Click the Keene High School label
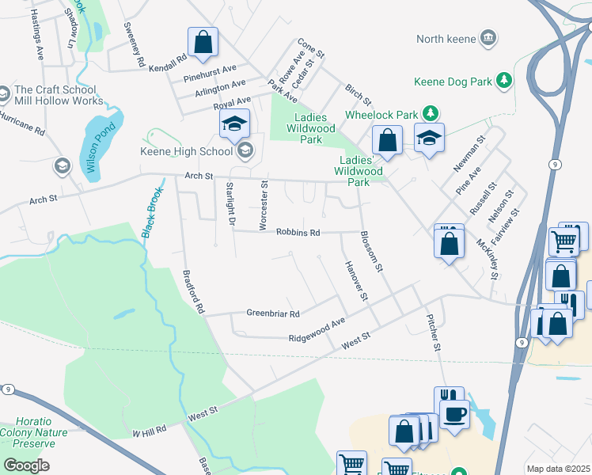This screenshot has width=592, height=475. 187,151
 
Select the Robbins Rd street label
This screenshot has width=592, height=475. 298,233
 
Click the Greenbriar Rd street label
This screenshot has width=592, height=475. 272,313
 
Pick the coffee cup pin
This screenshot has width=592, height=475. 454,414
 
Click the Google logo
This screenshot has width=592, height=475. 26,465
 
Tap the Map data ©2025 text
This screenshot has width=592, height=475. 558,469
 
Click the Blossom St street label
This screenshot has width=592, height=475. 370,252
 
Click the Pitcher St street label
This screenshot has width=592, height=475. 432,330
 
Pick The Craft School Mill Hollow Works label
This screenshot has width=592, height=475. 59,95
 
